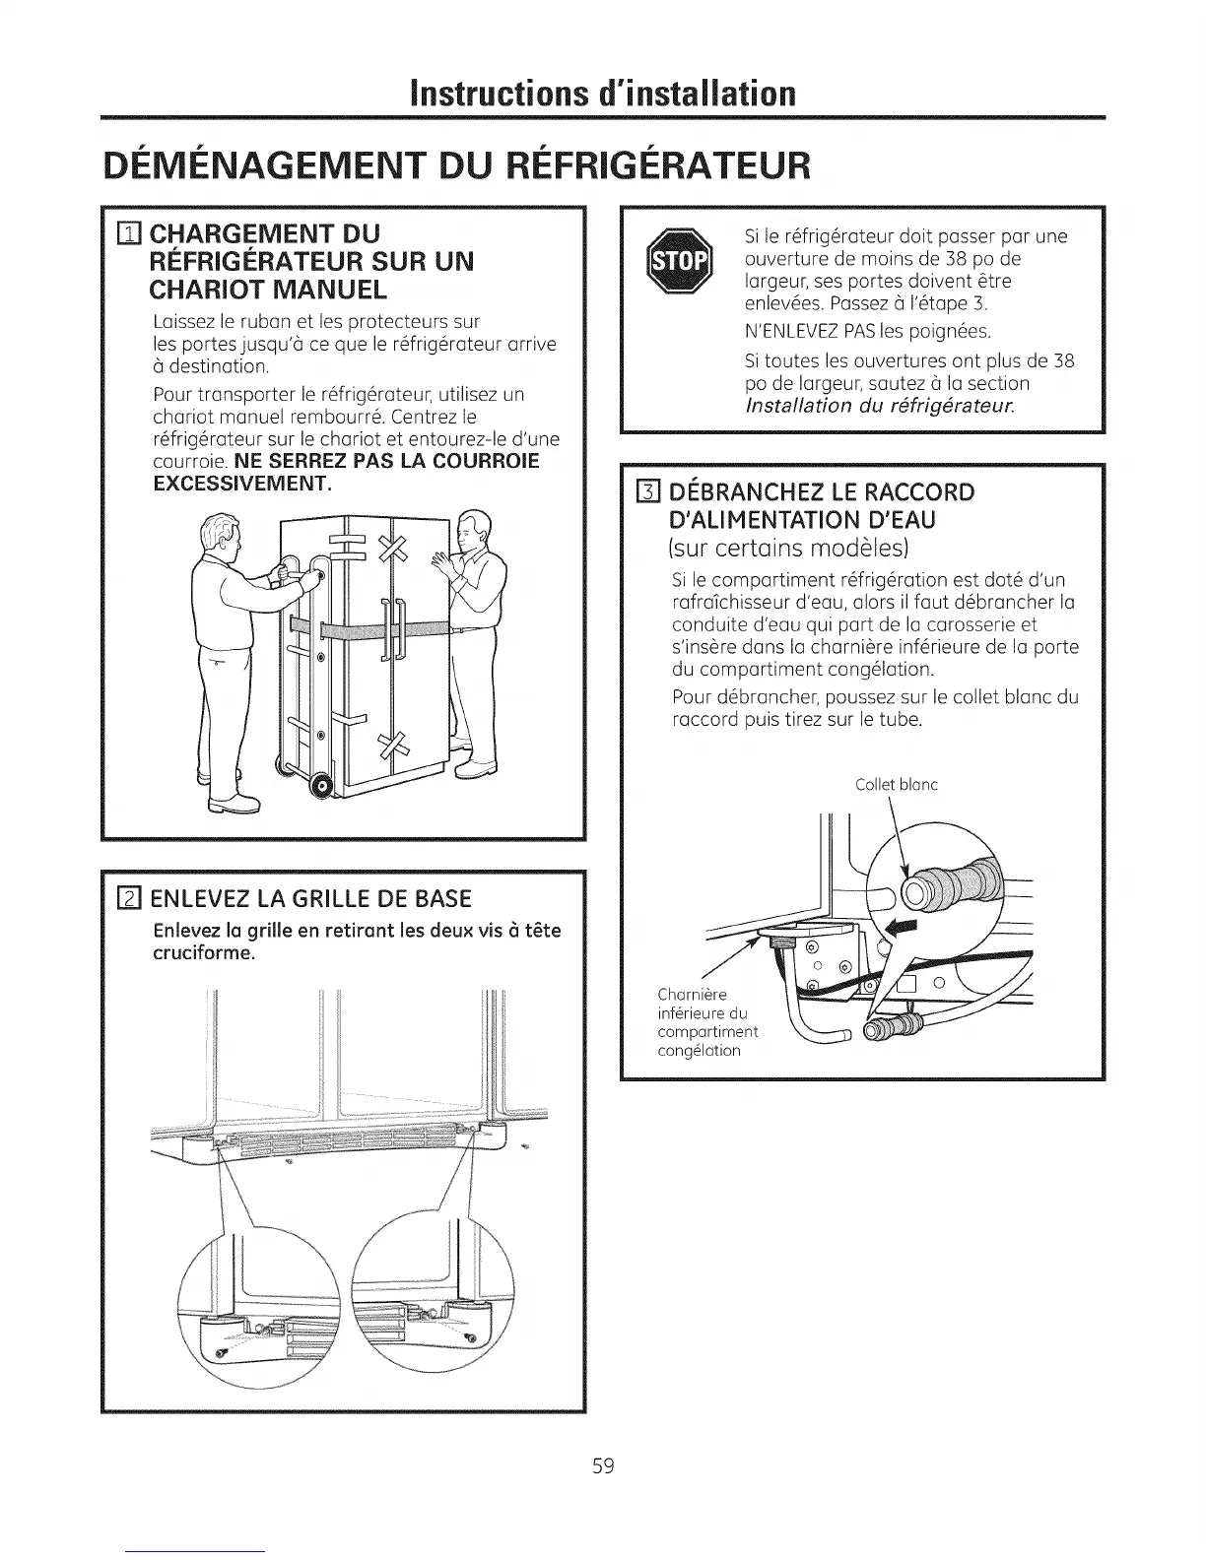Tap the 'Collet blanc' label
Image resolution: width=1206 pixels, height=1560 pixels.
coord(896,785)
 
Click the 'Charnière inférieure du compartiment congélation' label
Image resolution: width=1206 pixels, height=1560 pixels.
coord(706,1022)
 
